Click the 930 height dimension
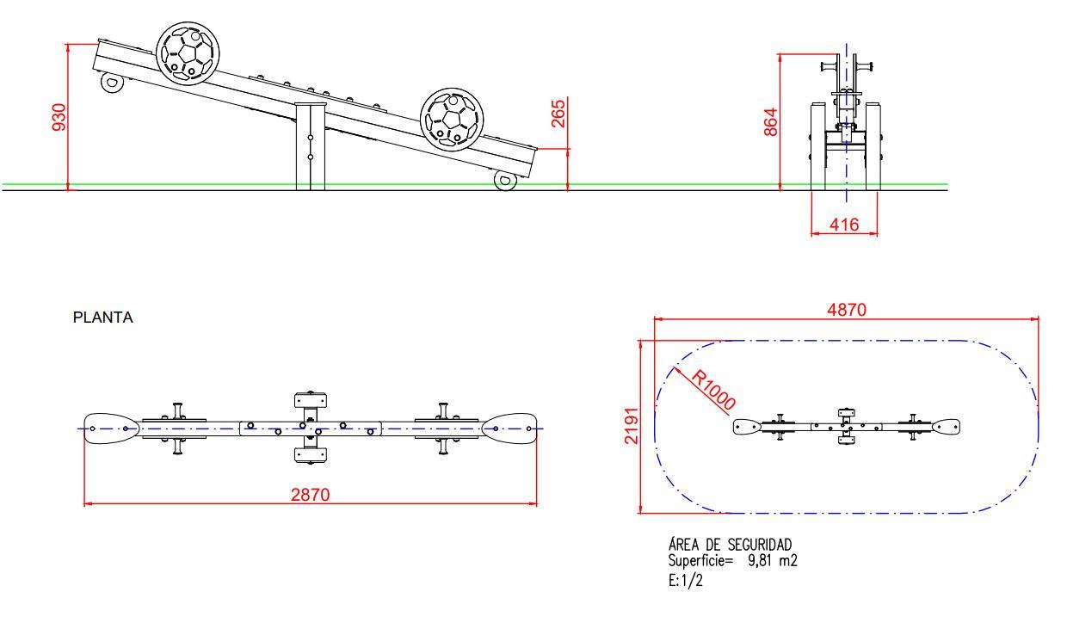tap(59, 117)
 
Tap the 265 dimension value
tap(558, 114)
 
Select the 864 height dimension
tap(770, 122)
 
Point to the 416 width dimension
tap(844, 225)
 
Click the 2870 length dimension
tap(310, 495)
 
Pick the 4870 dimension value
tap(847, 310)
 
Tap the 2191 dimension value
tap(631, 426)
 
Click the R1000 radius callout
tap(713, 390)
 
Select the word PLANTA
tap(103, 318)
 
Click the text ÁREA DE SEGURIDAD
tap(730, 545)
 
